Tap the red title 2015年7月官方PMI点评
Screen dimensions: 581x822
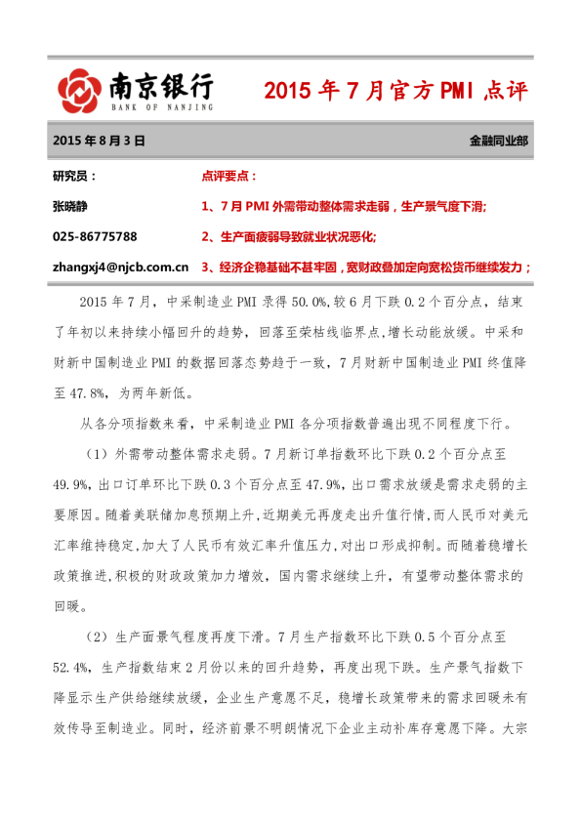pyautogui.click(x=394, y=92)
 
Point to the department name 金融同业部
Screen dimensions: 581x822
pyautogui.click(x=499, y=141)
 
